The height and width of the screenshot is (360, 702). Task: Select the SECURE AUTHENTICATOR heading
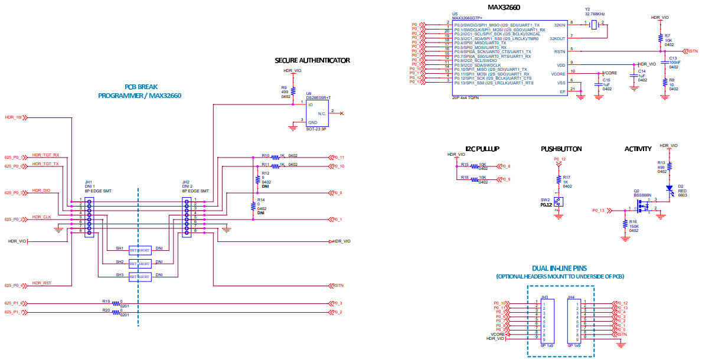point(312,60)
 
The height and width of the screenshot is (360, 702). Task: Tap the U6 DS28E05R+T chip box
point(316,112)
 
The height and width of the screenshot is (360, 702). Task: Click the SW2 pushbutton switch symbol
point(558,202)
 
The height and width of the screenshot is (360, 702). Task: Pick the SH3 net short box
point(140,276)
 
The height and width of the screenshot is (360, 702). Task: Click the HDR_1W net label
point(13,117)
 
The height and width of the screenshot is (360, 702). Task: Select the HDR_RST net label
point(41,284)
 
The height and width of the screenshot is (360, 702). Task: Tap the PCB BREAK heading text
point(140,87)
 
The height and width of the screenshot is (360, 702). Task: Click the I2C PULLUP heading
point(482,149)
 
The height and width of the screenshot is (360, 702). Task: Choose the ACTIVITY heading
point(638,149)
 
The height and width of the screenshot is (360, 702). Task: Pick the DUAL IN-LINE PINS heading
point(560,268)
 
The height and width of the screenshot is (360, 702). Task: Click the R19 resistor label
point(106,301)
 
